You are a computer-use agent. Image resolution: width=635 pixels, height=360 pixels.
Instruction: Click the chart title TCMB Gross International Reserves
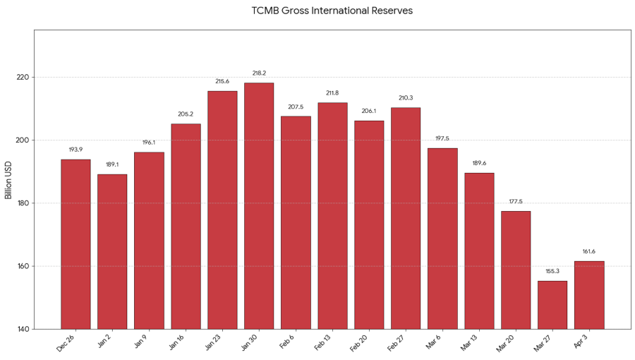332,11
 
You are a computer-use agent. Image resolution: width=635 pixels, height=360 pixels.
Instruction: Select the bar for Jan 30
259,205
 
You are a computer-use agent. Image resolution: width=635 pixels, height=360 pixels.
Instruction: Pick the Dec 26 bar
75,244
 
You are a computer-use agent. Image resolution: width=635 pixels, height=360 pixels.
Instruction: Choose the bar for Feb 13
332,215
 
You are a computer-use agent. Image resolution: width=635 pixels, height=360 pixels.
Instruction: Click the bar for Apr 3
589,294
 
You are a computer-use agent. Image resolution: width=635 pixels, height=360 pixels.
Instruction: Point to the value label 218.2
259,73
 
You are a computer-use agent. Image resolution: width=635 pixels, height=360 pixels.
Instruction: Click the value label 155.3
552,271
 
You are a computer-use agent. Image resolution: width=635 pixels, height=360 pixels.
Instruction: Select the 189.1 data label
112,164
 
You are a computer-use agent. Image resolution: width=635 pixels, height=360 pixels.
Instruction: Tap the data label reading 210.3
406,98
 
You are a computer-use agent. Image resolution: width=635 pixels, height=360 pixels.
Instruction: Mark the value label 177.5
516,201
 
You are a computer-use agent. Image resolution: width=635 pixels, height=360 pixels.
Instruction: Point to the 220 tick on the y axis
22,77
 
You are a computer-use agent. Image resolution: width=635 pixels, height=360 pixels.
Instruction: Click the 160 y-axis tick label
22,266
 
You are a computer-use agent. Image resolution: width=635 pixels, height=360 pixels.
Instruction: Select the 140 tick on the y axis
22,329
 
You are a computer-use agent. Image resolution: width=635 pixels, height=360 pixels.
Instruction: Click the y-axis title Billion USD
9,179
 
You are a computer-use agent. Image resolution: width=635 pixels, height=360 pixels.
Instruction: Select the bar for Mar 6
442,238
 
